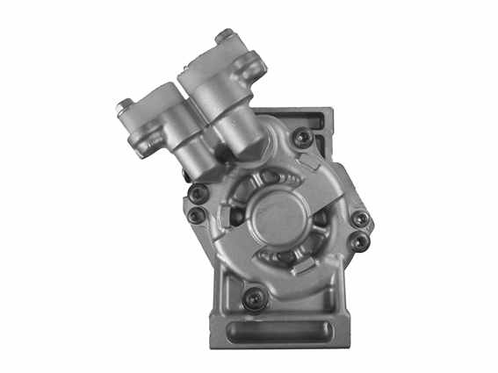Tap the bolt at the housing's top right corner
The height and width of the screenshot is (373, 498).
[302, 137]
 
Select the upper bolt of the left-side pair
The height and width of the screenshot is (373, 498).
[199, 192]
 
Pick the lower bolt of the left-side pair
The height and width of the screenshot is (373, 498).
[197, 213]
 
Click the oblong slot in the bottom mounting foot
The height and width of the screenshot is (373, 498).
[279, 333]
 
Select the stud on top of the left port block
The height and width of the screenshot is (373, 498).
[124, 107]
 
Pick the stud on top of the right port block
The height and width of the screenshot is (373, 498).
[225, 37]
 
